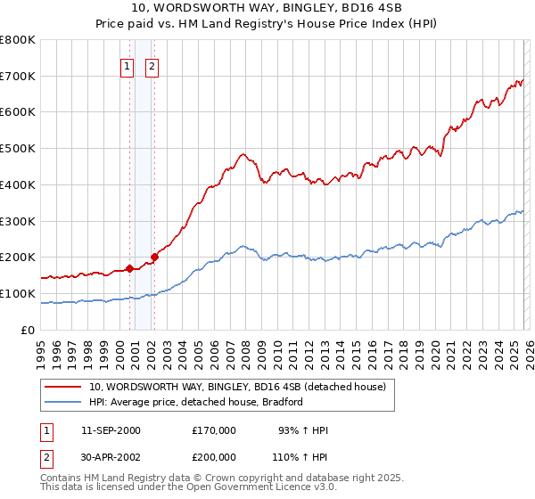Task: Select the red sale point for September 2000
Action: click(129, 267)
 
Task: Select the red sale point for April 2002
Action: click(154, 257)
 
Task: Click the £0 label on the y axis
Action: click(29, 330)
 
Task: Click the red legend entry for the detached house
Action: click(237, 387)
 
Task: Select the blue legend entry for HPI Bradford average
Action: click(196, 402)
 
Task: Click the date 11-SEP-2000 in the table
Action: click(111, 430)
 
